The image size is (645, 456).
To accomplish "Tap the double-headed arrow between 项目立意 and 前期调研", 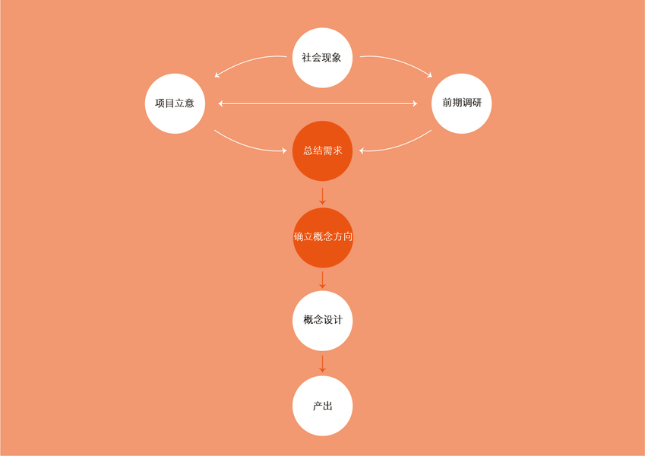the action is (x=318, y=103).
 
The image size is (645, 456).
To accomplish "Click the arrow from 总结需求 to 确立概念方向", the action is (x=322, y=195).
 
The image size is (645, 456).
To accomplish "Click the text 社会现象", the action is (x=322, y=58).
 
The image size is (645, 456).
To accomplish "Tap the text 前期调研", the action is (x=461, y=103).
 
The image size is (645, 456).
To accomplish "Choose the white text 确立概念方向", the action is (x=323, y=237).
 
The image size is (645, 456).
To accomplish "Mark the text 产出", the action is (x=322, y=406).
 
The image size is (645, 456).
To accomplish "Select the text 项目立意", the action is (x=175, y=103).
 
